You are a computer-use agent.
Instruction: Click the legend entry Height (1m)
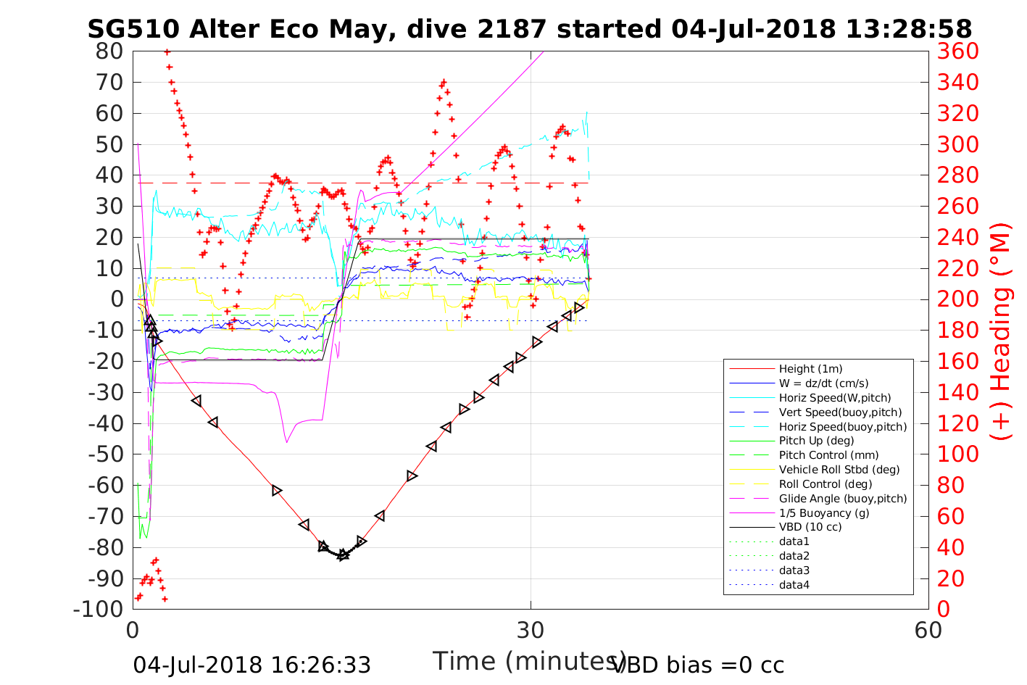coord(810,369)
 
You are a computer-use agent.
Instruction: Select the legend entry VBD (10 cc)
coord(810,527)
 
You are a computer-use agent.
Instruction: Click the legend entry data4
coord(794,584)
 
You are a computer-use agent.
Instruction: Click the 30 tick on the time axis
coord(531,631)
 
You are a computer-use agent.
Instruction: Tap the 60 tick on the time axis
coord(928,631)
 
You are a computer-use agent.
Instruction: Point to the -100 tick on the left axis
coord(99,609)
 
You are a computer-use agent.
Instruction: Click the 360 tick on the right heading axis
coord(957,51)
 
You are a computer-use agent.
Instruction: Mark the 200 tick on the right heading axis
coord(957,299)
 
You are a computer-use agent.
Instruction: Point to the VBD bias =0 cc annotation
coord(699,665)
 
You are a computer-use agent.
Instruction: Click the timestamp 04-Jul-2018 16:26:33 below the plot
coord(251,665)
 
